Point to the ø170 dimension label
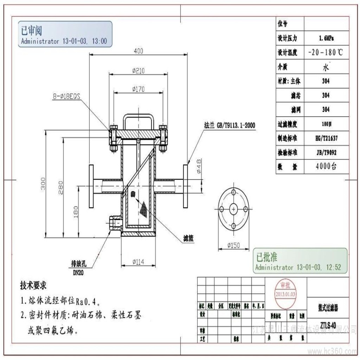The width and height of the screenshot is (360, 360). pyautogui.click(x=138, y=88)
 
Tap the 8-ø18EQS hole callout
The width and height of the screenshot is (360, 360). pyautogui.click(x=67, y=97)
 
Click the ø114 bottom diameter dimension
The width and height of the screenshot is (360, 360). pyautogui.click(x=139, y=262)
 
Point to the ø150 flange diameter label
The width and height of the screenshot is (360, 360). pyautogui.click(x=234, y=246)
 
